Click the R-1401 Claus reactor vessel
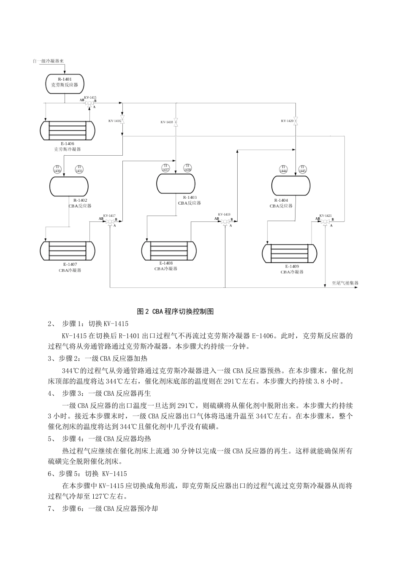tap(65, 82)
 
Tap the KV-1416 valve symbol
tap(122, 121)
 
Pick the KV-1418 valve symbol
tap(176, 122)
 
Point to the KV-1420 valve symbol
tap(296, 121)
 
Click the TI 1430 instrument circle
tap(57, 169)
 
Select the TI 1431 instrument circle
tap(79, 169)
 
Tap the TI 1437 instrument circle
tap(165, 168)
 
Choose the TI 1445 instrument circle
tap(302, 169)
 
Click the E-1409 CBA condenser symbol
tap(290, 253)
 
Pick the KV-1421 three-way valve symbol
tap(325, 221)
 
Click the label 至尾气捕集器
tap(345, 283)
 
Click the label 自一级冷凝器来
tap(48, 61)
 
